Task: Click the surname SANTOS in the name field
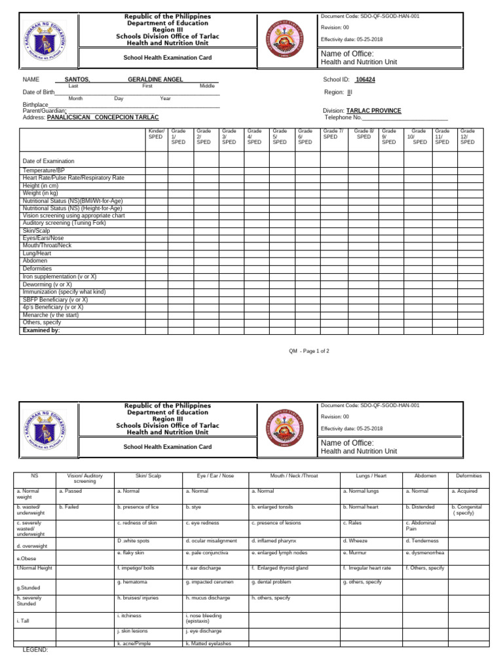tap(77, 79)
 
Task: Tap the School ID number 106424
tap(365, 79)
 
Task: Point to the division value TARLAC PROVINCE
tap(373, 111)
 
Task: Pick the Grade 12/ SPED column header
tap(467, 136)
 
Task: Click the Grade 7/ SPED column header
tap(331, 134)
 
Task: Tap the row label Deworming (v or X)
tap(47, 284)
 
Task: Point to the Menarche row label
tap(51, 315)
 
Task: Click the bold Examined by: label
tap(41, 330)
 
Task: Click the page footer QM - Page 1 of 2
tap(309, 351)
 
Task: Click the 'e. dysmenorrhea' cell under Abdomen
tap(428, 553)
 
